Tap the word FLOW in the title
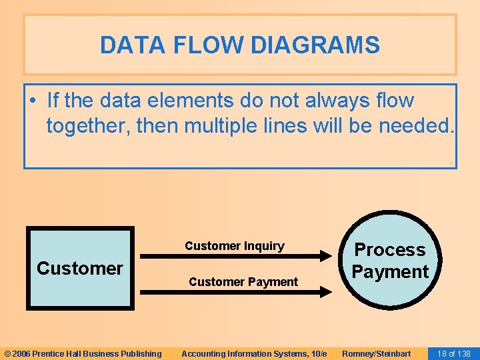click(x=198, y=45)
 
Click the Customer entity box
click(x=80, y=268)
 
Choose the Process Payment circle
click(x=390, y=261)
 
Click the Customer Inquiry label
click(x=234, y=246)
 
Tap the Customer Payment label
click(x=243, y=282)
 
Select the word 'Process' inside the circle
click(x=390, y=249)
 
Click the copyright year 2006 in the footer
click(x=21, y=353)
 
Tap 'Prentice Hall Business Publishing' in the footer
click(x=97, y=353)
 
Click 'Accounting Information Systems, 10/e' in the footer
click(x=254, y=353)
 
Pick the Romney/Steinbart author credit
click(x=377, y=353)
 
